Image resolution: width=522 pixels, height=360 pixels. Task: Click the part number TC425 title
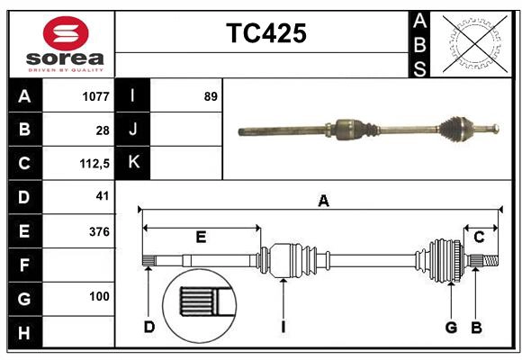(x=265, y=33)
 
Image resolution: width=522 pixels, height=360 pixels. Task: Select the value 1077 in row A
(x=94, y=96)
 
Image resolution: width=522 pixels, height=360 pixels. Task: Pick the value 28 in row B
(x=102, y=130)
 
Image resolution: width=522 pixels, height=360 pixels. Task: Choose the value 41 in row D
(x=102, y=196)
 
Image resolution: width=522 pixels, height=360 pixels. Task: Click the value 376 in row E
(x=99, y=231)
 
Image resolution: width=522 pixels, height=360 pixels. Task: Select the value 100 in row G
(x=99, y=296)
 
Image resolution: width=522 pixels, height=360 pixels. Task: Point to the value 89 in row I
(x=211, y=96)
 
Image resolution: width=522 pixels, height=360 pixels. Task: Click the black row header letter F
(x=24, y=265)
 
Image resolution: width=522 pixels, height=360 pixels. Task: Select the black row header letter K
(x=133, y=163)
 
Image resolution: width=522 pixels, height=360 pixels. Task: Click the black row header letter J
(x=133, y=130)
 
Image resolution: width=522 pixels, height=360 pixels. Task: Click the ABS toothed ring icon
(x=472, y=43)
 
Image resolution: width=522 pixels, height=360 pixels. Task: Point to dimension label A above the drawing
(x=323, y=202)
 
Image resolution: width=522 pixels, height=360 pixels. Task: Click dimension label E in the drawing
(x=201, y=238)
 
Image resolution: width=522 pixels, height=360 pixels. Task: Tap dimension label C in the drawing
(x=479, y=238)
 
